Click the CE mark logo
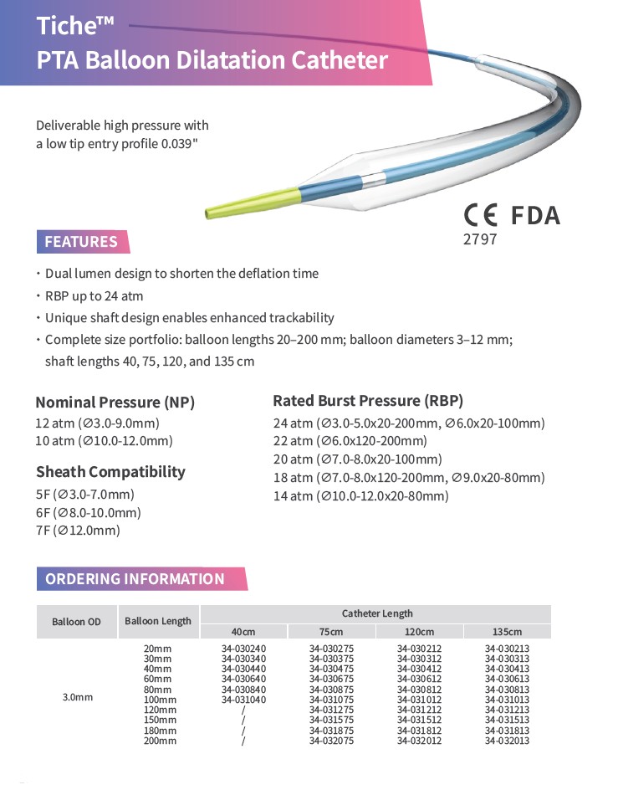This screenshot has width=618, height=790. [483, 216]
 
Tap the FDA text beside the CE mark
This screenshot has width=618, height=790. [535, 216]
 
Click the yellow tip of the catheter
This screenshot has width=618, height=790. [250, 204]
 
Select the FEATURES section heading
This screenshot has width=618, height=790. [81, 242]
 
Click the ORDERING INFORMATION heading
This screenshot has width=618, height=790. [135, 579]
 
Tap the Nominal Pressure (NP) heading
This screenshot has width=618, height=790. [115, 403]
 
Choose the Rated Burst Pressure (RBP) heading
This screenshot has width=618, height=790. [368, 400]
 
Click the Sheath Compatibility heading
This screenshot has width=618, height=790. [110, 472]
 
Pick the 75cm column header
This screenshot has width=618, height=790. [330, 632]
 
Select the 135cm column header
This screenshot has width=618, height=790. [507, 632]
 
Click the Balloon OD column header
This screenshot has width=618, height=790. [76, 622]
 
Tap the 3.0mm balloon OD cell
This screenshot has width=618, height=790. [77, 695]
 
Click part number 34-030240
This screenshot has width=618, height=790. [243, 648]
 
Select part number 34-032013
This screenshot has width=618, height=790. [507, 741]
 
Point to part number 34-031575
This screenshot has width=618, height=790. [331, 720]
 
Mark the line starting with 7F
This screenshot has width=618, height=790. [78, 531]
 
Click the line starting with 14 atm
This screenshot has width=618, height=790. [360, 496]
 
